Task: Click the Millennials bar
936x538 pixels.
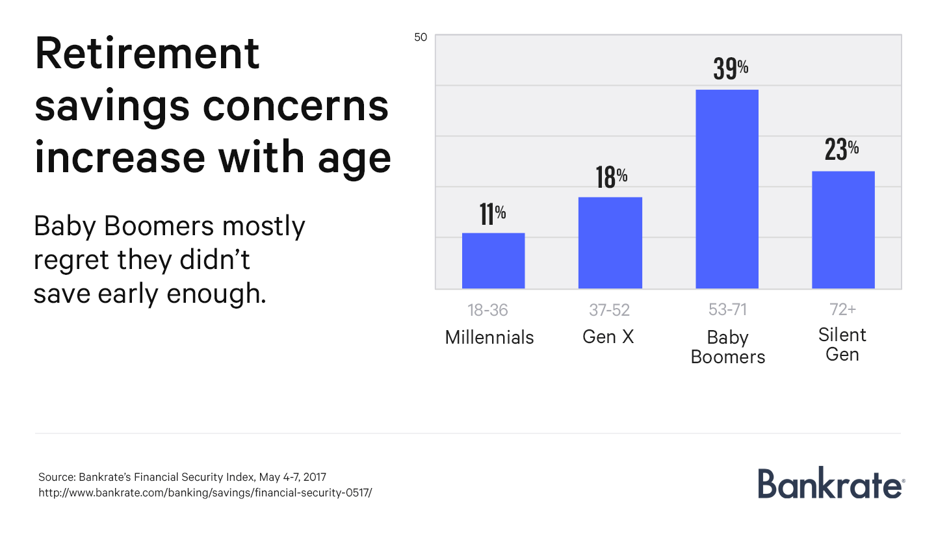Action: (x=493, y=261)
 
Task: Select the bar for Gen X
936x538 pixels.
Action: (x=610, y=242)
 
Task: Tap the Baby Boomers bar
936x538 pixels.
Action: (x=727, y=189)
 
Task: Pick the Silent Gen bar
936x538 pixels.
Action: (x=843, y=230)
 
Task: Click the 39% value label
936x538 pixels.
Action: (x=731, y=69)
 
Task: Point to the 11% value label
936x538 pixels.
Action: (x=493, y=214)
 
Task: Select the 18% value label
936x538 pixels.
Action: (x=611, y=177)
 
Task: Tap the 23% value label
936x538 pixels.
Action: (x=841, y=150)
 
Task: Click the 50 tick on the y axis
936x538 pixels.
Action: (x=421, y=37)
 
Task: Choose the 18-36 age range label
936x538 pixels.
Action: (x=487, y=311)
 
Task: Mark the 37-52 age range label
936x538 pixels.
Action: (x=609, y=311)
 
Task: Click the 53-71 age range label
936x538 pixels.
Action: (x=727, y=310)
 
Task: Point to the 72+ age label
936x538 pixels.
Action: (x=842, y=309)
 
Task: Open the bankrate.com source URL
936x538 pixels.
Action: (x=205, y=492)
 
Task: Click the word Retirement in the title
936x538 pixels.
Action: (x=147, y=54)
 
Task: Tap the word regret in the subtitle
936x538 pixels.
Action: (x=71, y=261)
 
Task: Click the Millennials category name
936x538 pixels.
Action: (x=489, y=338)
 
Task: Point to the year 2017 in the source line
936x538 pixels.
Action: (x=324, y=477)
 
